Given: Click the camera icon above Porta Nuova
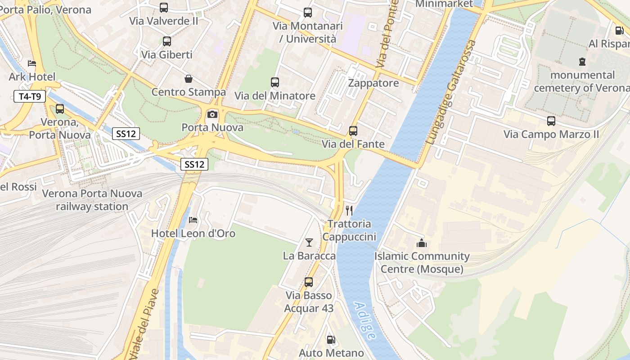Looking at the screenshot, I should coord(212,114).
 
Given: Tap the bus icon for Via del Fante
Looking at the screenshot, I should coord(353,131).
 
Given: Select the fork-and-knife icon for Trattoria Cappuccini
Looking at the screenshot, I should coord(349,210).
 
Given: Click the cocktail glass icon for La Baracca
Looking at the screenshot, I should coord(309,243).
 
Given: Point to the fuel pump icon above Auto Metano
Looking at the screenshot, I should coord(331,340).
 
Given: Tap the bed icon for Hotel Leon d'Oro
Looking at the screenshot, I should coord(193,220).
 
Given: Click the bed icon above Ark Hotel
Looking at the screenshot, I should coord(31,63).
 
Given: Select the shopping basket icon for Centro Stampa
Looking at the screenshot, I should coord(189,79).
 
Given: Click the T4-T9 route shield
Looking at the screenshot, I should coord(30,96).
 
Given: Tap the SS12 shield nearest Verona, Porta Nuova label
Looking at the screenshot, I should coord(126,133).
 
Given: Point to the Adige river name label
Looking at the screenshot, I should coord(364,320).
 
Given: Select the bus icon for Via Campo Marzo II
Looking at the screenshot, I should coord(551,121).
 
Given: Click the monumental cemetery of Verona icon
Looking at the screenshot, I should coord(582,62).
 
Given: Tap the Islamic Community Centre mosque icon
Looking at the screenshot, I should coord(422,243).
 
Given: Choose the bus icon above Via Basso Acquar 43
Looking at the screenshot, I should coord(309,282).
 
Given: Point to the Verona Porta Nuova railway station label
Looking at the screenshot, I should coord(92,200).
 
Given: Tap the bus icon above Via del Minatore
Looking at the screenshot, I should coord(275,82).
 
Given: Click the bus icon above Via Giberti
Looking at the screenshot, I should coord(167,41).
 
